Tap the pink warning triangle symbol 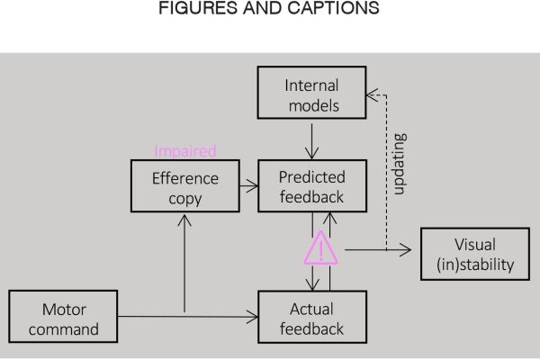pos(321,246)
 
